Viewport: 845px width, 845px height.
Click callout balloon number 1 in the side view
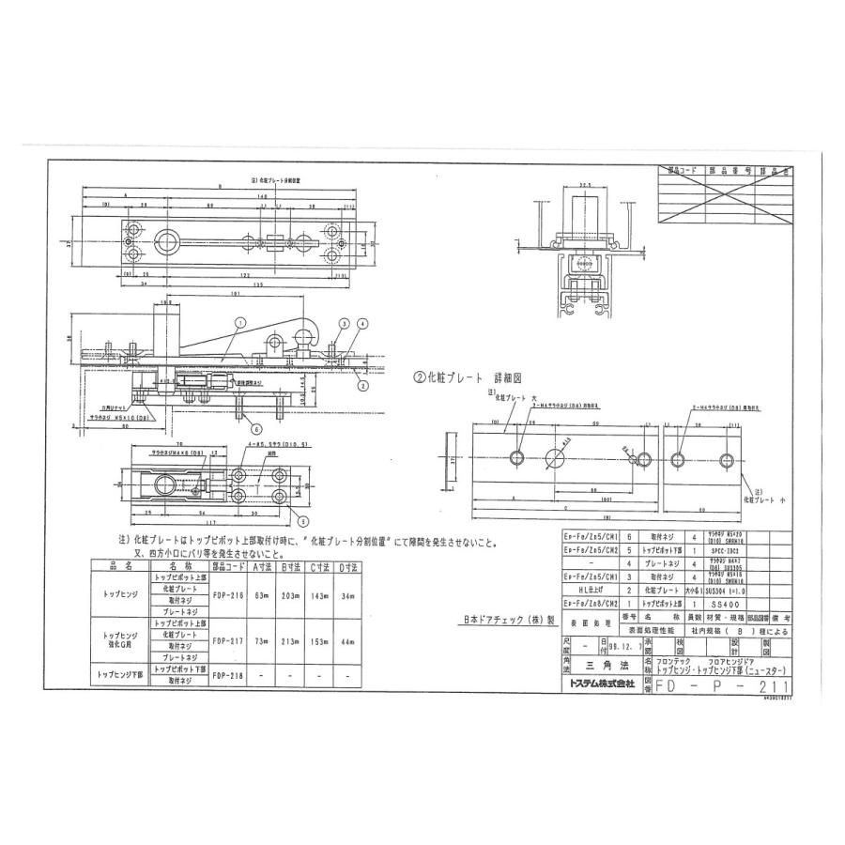coord(241,322)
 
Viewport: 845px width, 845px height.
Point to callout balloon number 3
coord(345,323)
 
